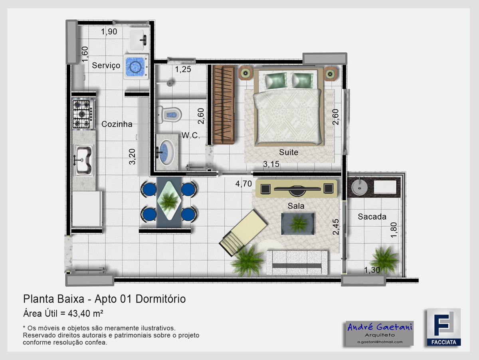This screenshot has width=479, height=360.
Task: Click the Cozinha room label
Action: (x=117, y=124)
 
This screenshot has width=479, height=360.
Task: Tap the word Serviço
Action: (x=106, y=65)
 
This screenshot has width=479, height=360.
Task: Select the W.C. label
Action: (x=190, y=135)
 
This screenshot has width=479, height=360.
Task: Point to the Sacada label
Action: (x=372, y=217)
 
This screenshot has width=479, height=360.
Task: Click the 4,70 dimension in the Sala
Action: (x=243, y=184)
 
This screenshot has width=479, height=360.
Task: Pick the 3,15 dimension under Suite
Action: (x=271, y=164)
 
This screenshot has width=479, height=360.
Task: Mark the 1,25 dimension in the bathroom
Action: (x=183, y=69)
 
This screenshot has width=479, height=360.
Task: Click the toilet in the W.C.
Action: (x=169, y=115)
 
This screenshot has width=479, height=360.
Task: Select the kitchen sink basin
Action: (x=83, y=160)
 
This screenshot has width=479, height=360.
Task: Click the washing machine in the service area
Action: (x=136, y=67)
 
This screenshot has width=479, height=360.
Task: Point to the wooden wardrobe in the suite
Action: (x=224, y=105)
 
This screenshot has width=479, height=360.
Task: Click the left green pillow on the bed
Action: (x=275, y=80)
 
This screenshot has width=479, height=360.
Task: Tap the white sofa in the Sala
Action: (x=297, y=263)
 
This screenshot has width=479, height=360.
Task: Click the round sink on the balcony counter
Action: (x=359, y=187)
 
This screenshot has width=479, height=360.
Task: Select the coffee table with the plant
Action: (x=298, y=224)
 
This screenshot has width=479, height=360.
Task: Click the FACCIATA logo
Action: (x=443, y=327)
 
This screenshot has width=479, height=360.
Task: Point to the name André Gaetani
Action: (x=380, y=327)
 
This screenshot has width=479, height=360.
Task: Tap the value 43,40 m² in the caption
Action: (x=85, y=314)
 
